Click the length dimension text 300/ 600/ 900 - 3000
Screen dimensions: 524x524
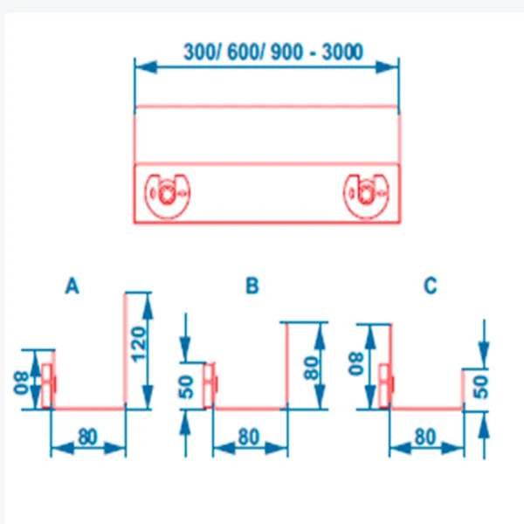(272, 51)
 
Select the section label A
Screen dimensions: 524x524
(72, 286)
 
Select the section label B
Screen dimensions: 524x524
(252, 286)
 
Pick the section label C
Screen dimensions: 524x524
(430, 286)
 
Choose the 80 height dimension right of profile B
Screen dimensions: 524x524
(314, 365)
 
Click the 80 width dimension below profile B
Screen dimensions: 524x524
(250, 434)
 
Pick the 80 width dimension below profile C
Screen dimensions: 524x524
(427, 434)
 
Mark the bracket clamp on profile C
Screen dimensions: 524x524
(386, 383)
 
